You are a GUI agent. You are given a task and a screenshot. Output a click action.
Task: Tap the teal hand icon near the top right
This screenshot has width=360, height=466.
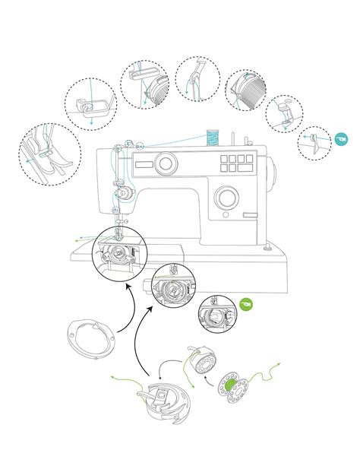coord(340,140)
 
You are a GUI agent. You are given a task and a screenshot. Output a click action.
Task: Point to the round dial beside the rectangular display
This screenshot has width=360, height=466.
coord(166,163)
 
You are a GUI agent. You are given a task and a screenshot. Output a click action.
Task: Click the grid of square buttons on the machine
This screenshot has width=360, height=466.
coord(236,163)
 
